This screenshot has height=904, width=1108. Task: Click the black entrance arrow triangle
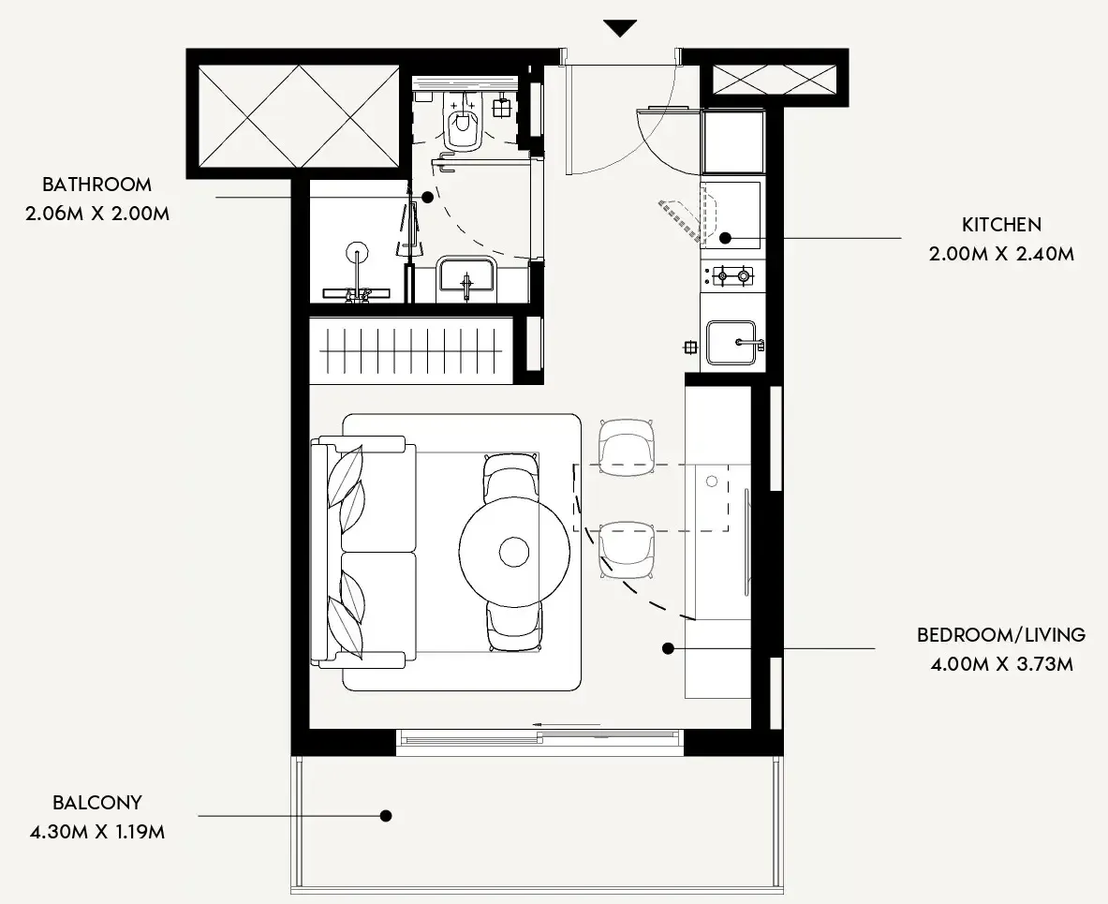pyautogui.click(x=620, y=28)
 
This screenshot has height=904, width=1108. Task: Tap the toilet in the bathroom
pyautogui.click(x=464, y=126)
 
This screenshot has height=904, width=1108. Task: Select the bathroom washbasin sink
pyautogui.click(x=465, y=277)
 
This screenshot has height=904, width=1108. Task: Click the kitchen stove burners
pyautogui.click(x=731, y=275)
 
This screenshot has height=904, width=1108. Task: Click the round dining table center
pyautogui.click(x=513, y=551)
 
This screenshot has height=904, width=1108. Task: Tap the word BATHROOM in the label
pyautogui.click(x=96, y=185)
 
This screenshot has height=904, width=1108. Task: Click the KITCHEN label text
pyautogui.click(x=1001, y=225)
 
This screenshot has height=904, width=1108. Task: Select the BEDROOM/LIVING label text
pyautogui.click(x=1001, y=635)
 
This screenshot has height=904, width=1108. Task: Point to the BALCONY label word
pyautogui.click(x=97, y=803)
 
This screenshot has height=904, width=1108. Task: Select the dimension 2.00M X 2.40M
pyautogui.click(x=1001, y=254)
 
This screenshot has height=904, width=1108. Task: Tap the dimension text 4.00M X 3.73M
pyautogui.click(x=1001, y=665)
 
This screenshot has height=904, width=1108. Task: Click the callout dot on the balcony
pyautogui.click(x=385, y=816)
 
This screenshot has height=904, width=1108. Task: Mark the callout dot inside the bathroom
pyautogui.click(x=427, y=198)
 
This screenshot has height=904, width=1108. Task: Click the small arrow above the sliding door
pyautogui.click(x=566, y=724)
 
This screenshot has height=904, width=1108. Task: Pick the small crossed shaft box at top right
pyautogui.click(x=774, y=80)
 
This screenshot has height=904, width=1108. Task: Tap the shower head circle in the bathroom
pyautogui.click(x=356, y=252)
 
